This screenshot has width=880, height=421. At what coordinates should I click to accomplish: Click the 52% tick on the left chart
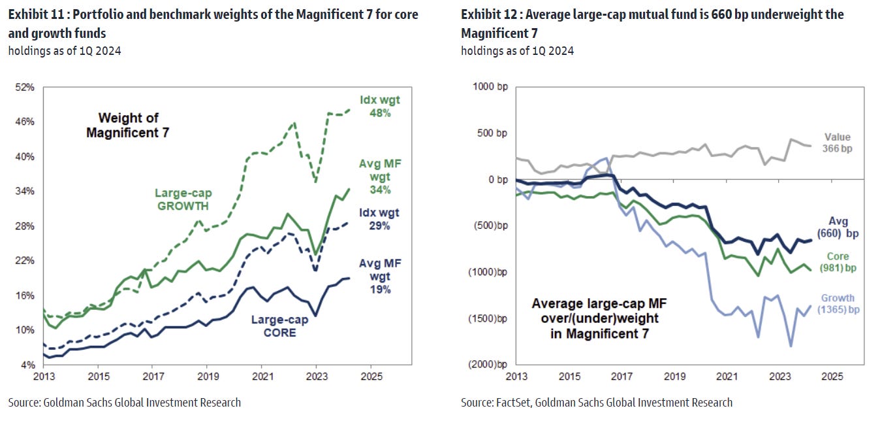[25, 87]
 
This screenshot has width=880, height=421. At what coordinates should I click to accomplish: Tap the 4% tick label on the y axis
[27, 364]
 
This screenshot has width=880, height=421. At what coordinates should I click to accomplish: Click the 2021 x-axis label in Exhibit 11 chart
[262, 377]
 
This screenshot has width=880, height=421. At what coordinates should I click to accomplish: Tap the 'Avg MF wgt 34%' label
[375, 177]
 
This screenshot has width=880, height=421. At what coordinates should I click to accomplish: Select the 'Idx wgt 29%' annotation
[379, 219]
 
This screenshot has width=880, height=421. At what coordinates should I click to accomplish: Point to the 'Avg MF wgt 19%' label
[380, 276]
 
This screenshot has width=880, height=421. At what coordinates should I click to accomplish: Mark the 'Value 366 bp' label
[837, 143]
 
